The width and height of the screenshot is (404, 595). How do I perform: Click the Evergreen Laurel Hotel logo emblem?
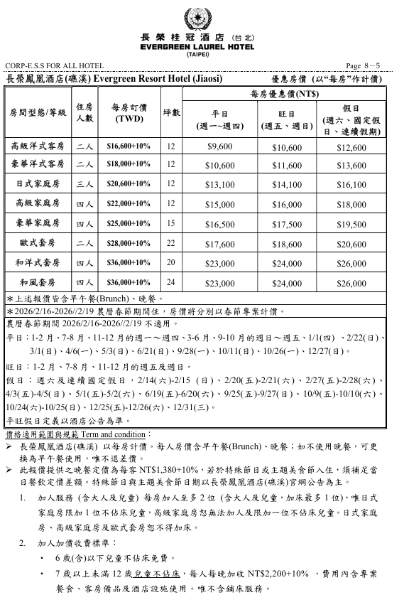click(202, 16)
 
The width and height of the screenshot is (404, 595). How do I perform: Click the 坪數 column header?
click(170, 113)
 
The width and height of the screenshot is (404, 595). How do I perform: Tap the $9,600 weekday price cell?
click(219, 146)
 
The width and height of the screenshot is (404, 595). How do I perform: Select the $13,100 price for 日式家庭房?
click(219, 185)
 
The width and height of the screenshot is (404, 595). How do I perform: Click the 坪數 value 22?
click(170, 242)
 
